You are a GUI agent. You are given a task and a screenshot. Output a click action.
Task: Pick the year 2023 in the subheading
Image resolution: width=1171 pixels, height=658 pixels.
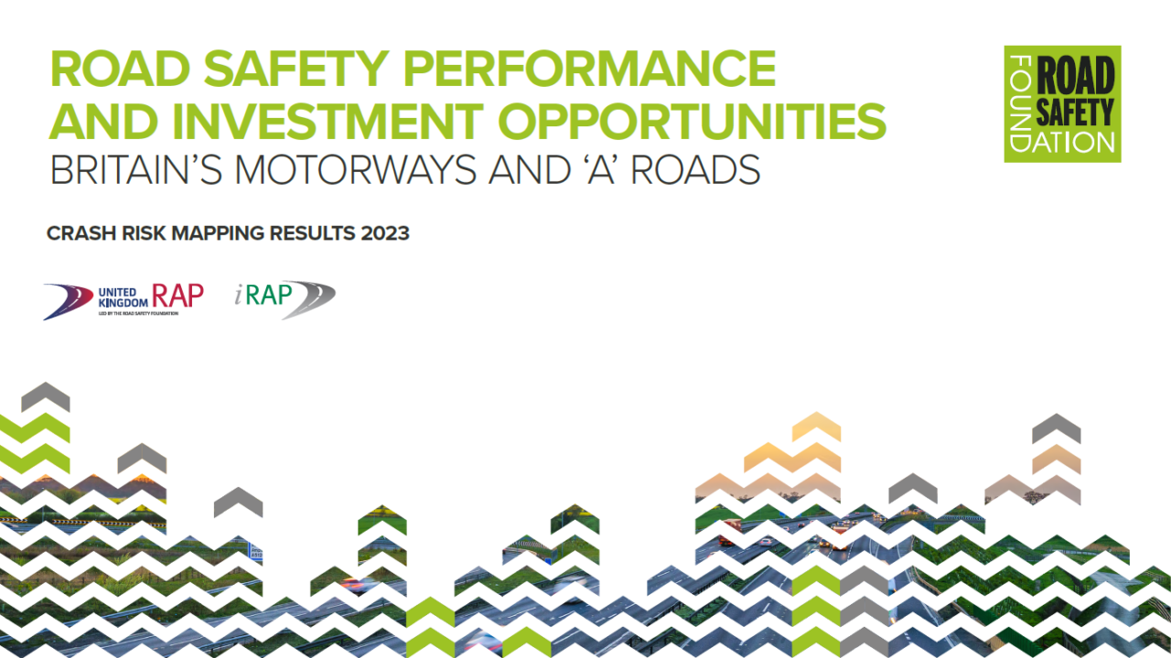384,233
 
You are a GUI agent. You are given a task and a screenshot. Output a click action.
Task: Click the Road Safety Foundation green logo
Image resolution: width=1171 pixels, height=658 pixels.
1062,104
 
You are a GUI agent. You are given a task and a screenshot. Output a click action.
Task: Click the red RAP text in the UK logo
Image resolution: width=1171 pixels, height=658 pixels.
177,294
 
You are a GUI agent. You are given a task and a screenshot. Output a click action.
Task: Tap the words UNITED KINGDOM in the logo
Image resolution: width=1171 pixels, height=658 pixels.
122,297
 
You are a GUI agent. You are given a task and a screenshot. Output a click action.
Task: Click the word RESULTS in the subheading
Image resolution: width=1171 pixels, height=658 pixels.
310,233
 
